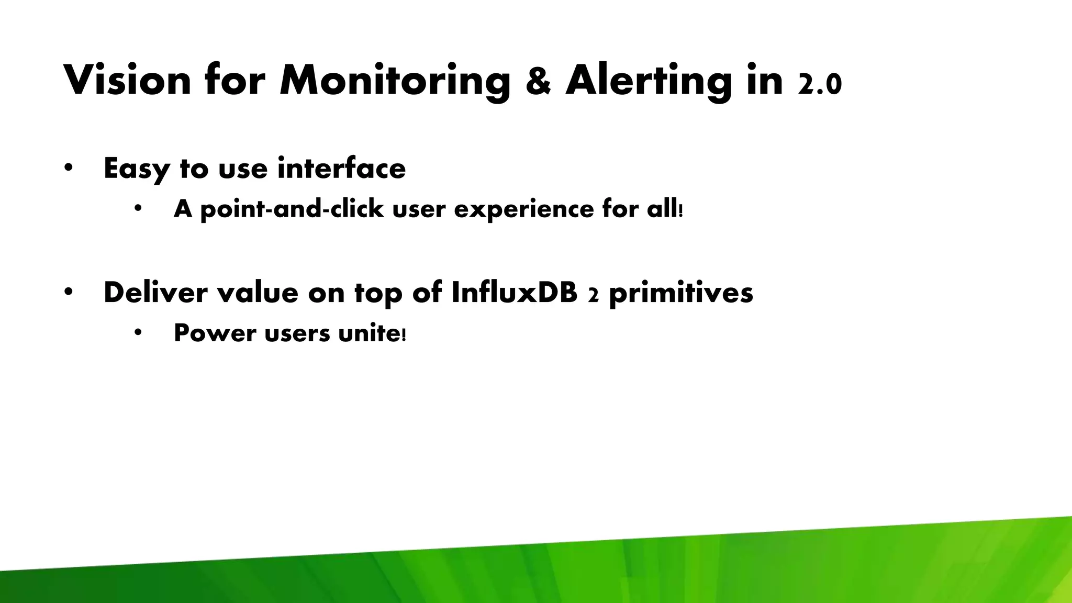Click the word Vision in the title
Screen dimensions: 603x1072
[x=127, y=80]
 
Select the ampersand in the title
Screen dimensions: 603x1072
[x=538, y=82]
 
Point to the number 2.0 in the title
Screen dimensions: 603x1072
[x=820, y=84]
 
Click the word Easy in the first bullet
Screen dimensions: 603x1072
[x=137, y=169]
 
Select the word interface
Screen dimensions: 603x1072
[x=341, y=168]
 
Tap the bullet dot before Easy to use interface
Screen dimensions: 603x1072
[x=68, y=168]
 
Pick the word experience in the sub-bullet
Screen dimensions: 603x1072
[x=524, y=209]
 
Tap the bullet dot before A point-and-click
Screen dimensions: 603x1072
[x=138, y=208]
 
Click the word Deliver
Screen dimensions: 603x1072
[x=155, y=292]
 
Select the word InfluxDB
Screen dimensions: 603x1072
[x=514, y=292]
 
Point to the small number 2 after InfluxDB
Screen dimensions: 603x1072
[x=593, y=296]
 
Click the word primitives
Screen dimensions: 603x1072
[x=681, y=293]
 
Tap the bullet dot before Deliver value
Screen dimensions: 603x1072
[x=68, y=292]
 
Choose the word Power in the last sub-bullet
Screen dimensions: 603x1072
[x=215, y=333]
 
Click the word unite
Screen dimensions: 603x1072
[x=370, y=333]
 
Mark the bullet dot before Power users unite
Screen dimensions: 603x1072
[x=138, y=332]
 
